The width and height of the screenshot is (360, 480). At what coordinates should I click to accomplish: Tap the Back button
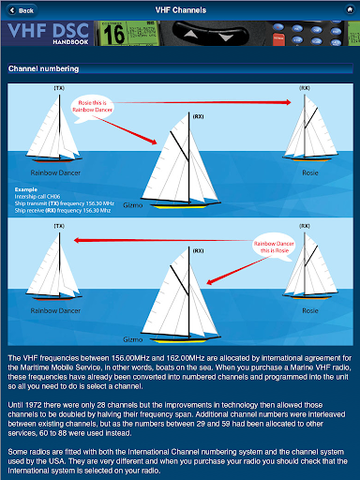pyautogui.click(x=22, y=10)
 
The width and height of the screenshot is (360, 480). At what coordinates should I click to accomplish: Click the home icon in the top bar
pyautogui.click(x=350, y=10)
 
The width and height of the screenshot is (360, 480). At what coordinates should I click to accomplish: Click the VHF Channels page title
pyautogui.click(x=181, y=10)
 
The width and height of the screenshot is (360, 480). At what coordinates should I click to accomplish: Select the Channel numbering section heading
pyautogui.click(x=44, y=68)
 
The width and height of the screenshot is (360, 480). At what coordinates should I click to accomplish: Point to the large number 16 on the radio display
pyautogui.click(x=113, y=35)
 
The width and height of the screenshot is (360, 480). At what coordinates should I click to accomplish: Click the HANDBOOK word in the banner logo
pyautogui.click(x=70, y=42)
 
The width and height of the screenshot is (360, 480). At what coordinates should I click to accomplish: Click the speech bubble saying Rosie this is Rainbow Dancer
pyautogui.click(x=92, y=107)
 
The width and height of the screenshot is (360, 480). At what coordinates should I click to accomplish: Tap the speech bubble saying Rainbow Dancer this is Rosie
pyautogui.click(x=274, y=247)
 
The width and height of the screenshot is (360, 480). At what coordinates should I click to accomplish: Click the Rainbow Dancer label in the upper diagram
pyautogui.click(x=55, y=172)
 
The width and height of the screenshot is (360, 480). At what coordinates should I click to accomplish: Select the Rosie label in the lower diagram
pyautogui.click(x=310, y=310)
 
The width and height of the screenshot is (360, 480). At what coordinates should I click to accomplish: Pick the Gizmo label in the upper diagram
pyautogui.click(x=133, y=205)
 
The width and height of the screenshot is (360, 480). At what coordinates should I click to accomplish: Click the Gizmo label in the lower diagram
pyautogui.click(x=133, y=339)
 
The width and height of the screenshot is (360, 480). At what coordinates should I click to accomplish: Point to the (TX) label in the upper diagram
pyautogui.click(x=59, y=88)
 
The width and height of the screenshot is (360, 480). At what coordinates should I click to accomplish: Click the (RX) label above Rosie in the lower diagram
pyautogui.click(x=305, y=226)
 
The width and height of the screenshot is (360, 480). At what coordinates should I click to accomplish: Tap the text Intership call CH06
pyautogui.click(x=37, y=197)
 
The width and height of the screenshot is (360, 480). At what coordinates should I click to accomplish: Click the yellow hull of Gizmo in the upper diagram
pyautogui.click(x=179, y=206)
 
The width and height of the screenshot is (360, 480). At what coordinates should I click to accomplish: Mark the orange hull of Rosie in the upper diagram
pyautogui.click(x=311, y=160)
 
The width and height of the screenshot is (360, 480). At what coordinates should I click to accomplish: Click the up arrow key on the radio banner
pyautogui.click(x=190, y=34)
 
